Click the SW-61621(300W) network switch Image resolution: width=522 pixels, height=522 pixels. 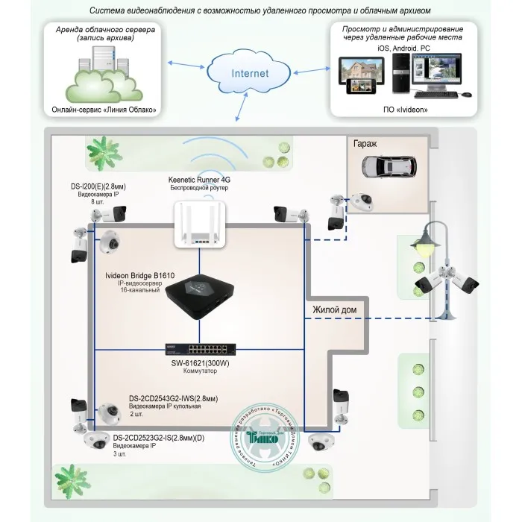[x=199, y=349]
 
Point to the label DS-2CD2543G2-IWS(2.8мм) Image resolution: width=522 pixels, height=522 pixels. [x=174, y=397]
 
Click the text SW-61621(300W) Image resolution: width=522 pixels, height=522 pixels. [x=199, y=364]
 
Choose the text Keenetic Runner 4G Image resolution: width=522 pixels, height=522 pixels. [x=200, y=180]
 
